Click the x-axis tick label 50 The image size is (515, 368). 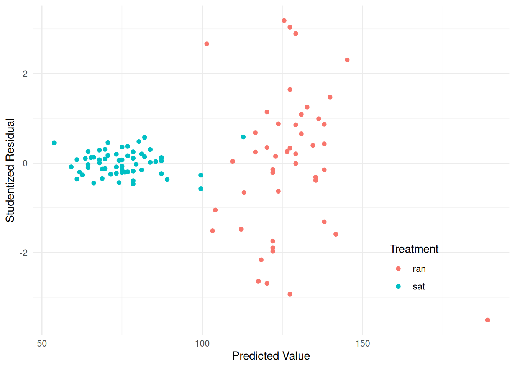[x=42, y=343]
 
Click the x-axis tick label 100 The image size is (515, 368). [x=202, y=343]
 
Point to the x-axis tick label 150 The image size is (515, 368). [x=362, y=343]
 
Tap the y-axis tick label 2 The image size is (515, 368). [x=25, y=74]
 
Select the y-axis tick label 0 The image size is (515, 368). [x=25, y=163]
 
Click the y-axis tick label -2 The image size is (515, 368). [x=23, y=253]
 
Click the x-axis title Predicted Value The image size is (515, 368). [x=271, y=356]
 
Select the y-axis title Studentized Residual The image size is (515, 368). [x=10, y=170]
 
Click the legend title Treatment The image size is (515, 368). [x=414, y=249]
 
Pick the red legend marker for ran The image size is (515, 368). [x=399, y=269]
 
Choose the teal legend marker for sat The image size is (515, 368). [x=399, y=286]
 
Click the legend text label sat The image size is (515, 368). [x=418, y=287]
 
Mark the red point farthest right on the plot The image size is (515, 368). [x=488, y=320]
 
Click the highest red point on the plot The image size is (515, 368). [x=284, y=21]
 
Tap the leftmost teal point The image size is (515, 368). [x=54, y=143]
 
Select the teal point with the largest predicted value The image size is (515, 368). [x=243, y=137]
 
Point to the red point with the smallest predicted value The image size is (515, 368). [x=207, y=44]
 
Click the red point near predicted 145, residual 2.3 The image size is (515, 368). [x=347, y=60]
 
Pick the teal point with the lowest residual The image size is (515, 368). [x=201, y=189]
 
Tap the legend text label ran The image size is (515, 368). [x=419, y=269]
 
